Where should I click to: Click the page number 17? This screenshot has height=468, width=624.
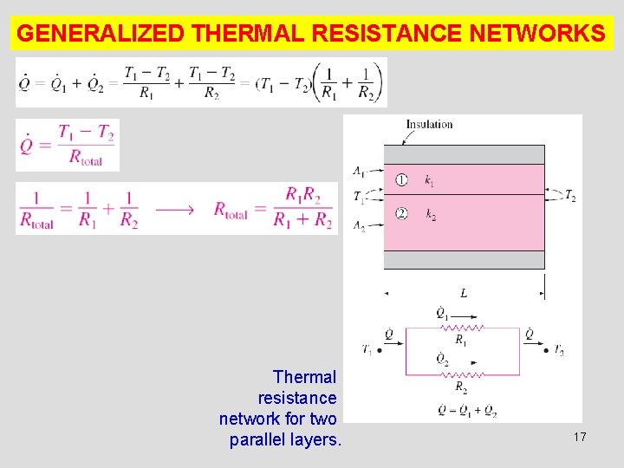pyautogui.click(x=580, y=438)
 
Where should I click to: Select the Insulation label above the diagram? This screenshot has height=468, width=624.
pyautogui.click(x=429, y=124)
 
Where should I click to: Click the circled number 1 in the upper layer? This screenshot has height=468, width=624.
pyautogui.click(x=401, y=180)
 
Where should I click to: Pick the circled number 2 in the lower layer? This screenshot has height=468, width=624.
pyautogui.click(x=401, y=213)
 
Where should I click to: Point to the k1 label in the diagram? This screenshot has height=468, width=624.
pyautogui.click(x=430, y=181)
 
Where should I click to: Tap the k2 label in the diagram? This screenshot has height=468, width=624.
pyautogui.click(x=430, y=214)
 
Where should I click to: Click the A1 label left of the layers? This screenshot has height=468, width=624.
pyautogui.click(x=358, y=169)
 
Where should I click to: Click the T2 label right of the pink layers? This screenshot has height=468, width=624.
pyautogui.click(x=570, y=197)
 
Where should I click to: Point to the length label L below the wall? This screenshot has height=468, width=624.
pyautogui.click(x=464, y=294)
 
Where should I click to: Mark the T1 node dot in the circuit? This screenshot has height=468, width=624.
pyautogui.click(x=380, y=351)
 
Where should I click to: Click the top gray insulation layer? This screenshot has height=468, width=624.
pyautogui.click(x=464, y=154)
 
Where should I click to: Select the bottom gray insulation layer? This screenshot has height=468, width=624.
pyautogui.click(x=464, y=260)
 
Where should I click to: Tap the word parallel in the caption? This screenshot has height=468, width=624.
pyautogui.click(x=260, y=439)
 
